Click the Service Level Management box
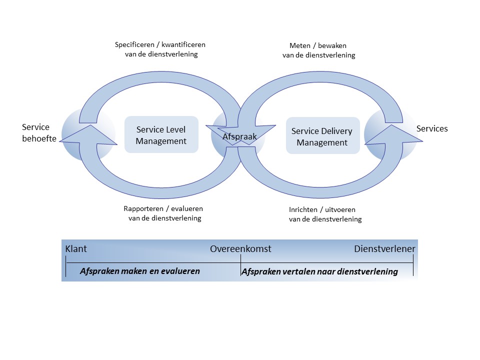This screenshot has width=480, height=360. tap(161, 135)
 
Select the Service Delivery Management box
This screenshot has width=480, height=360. tap(322, 136)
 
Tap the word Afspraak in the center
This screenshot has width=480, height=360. tap(239, 136)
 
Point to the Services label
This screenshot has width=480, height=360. tap(432, 128)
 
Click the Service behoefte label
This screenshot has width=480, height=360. tap(36, 133)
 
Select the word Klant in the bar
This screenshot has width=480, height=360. tap(76, 249)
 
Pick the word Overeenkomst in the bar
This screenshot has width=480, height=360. tap(240, 249)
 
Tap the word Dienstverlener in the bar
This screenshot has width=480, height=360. tap(384, 249)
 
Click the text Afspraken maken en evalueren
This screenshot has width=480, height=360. tap(139, 271)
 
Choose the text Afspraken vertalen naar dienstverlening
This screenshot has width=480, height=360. tap(319, 271)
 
